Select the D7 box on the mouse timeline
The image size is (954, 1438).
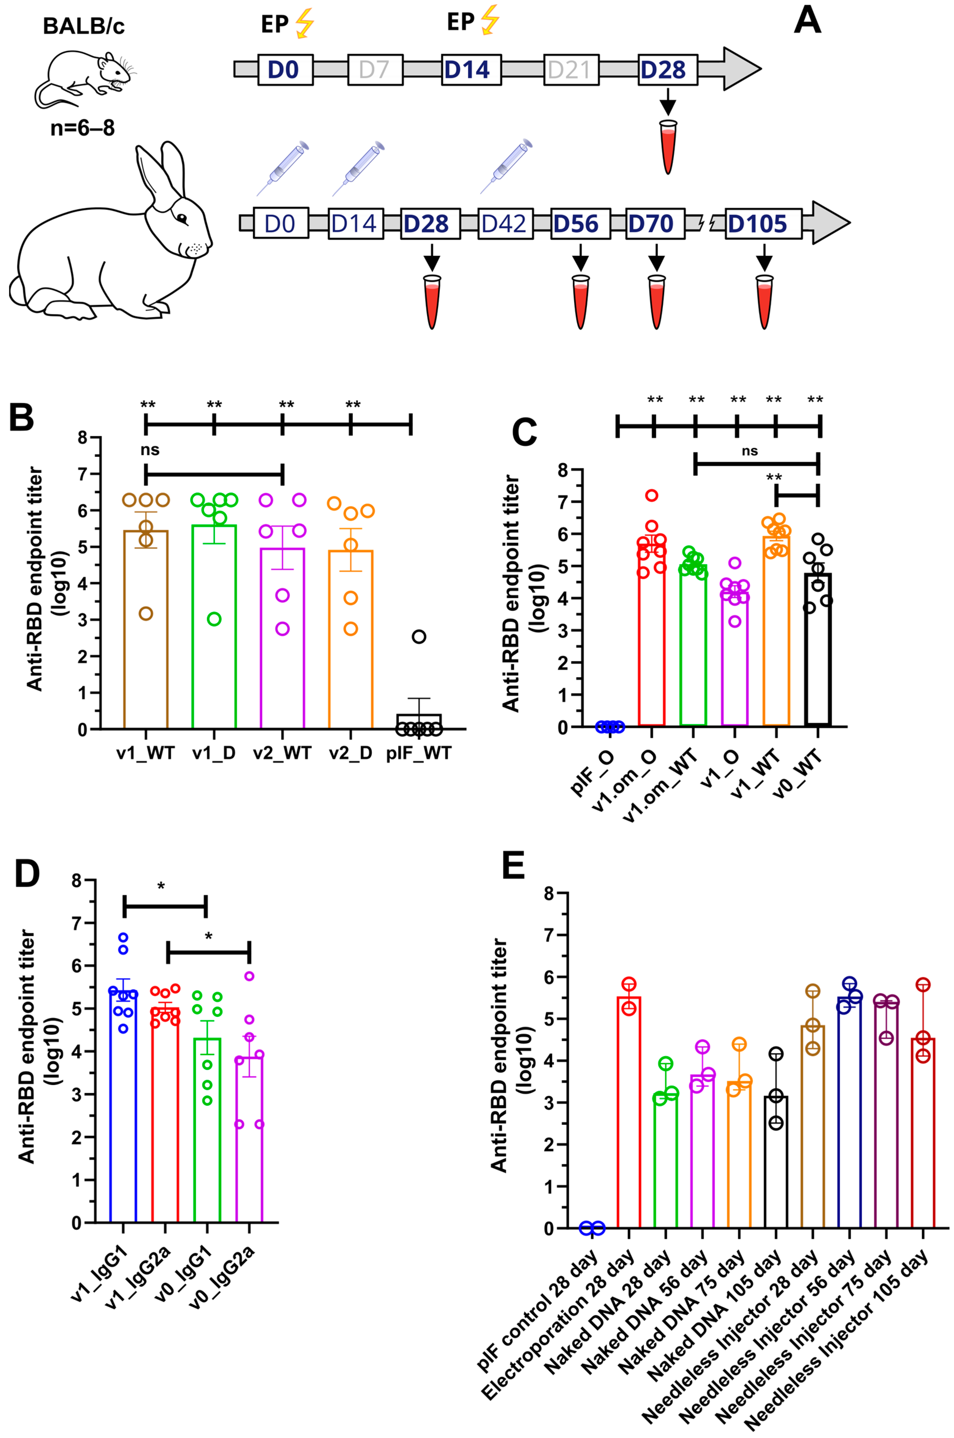tap(374, 69)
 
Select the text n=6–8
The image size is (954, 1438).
tap(82, 128)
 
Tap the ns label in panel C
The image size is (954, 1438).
tap(750, 451)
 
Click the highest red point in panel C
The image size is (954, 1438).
tap(652, 495)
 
